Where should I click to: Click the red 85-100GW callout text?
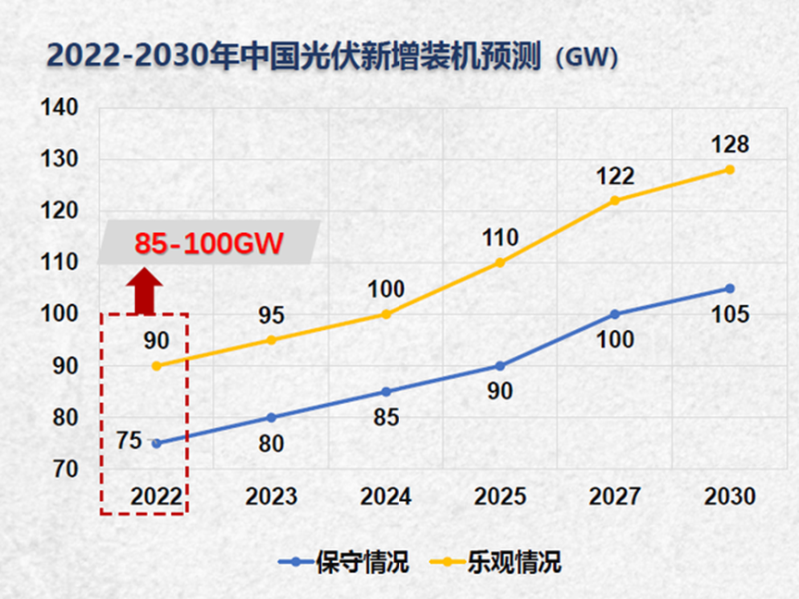pyautogui.click(x=208, y=242)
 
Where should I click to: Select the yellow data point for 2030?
pyautogui.click(x=730, y=169)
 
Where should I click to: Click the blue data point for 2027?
pyautogui.click(x=615, y=314)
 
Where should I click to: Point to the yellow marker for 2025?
pyautogui.click(x=500, y=262)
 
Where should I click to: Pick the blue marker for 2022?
pyautogui.click(x=156, y=443)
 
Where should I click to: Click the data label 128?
pyautogui.click(x=730, y=144)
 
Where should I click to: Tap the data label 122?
pyautogui.click(x=615, y=176)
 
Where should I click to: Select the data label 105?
pyautogui.click(x=730, y=315)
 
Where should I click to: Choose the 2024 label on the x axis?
pyautogui.click(x=386, y=496)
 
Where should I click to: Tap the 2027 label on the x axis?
pyautogui.click(x=615, y=496)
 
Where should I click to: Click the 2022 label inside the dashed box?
pyautogui.click(x=157, y=496)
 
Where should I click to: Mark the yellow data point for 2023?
pyautogui.click(x=271, y=340)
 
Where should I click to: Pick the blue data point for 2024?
pyautogui.click(x=386, y=391)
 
